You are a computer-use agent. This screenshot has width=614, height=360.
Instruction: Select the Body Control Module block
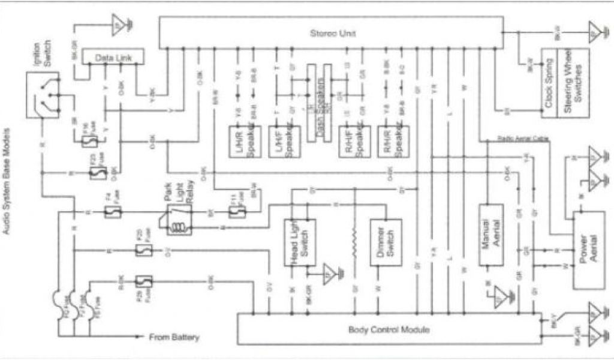click(x=389, y=329)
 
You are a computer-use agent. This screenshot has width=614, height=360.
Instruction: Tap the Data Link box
click(x=113, y=57)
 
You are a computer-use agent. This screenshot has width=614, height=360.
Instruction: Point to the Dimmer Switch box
click(x=384, y=242)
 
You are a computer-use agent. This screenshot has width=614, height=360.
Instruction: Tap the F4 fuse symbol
click(x=111, y=212)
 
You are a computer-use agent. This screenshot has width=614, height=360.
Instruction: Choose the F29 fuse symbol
click(x=143, y=280)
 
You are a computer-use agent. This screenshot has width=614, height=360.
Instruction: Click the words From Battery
click(x=174, y=337)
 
